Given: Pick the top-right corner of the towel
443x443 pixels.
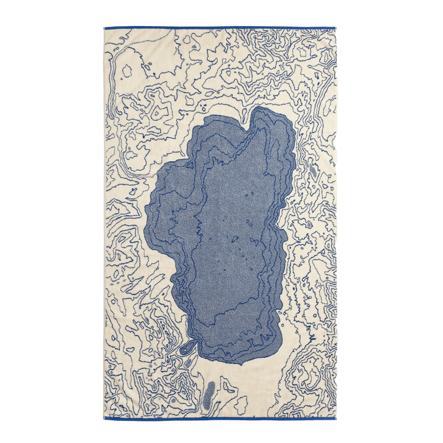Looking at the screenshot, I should tap(336, 25).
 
